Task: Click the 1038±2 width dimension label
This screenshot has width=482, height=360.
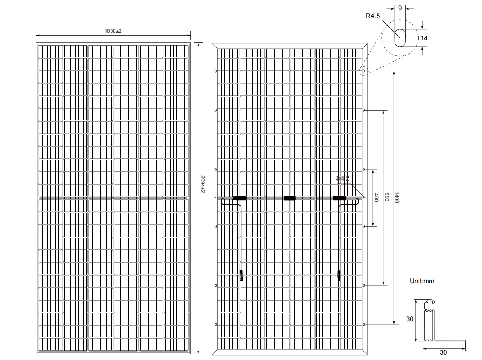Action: (113, 31)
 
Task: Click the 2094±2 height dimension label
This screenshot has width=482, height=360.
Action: (202, 184)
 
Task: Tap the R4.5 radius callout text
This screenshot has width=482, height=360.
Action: (372, 16)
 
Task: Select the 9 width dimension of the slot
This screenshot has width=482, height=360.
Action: (400, 8)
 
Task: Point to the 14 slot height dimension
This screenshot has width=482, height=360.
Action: (424, 38)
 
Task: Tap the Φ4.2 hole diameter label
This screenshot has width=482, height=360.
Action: (343, 178)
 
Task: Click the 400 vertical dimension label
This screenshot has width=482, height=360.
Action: (376, 198)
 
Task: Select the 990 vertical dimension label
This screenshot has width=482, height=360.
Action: (387, 197)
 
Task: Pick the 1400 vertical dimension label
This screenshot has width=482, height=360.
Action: (396, 198)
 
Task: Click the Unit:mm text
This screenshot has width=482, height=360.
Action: (422, 281)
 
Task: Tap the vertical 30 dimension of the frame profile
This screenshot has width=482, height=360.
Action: (410, 319)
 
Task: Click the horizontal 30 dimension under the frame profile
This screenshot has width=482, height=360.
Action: (443, 352)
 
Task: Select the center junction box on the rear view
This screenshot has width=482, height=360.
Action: (290, 198)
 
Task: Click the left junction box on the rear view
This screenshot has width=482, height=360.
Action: (240, 198)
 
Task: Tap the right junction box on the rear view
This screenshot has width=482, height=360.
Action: (340, 198)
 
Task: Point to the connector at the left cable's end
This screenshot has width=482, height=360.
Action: (241, 276)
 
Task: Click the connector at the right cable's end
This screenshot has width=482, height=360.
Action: (339, 276)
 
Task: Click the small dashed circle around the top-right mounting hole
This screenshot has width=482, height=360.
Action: (364, 71)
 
